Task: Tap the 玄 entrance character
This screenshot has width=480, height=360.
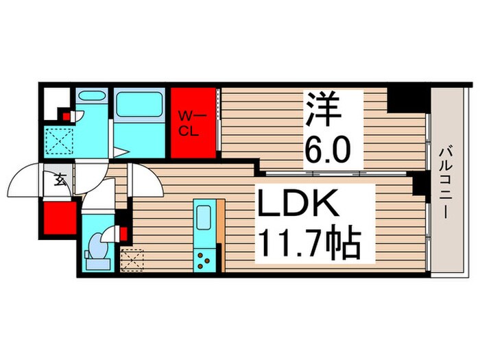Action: point(60,182)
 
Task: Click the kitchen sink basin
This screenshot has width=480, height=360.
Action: point(204,219)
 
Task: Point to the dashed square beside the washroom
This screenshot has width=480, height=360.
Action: point(58,142)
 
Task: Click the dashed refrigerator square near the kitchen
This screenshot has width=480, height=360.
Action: point(131,259)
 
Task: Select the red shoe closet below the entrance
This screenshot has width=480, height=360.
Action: point(59,219)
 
